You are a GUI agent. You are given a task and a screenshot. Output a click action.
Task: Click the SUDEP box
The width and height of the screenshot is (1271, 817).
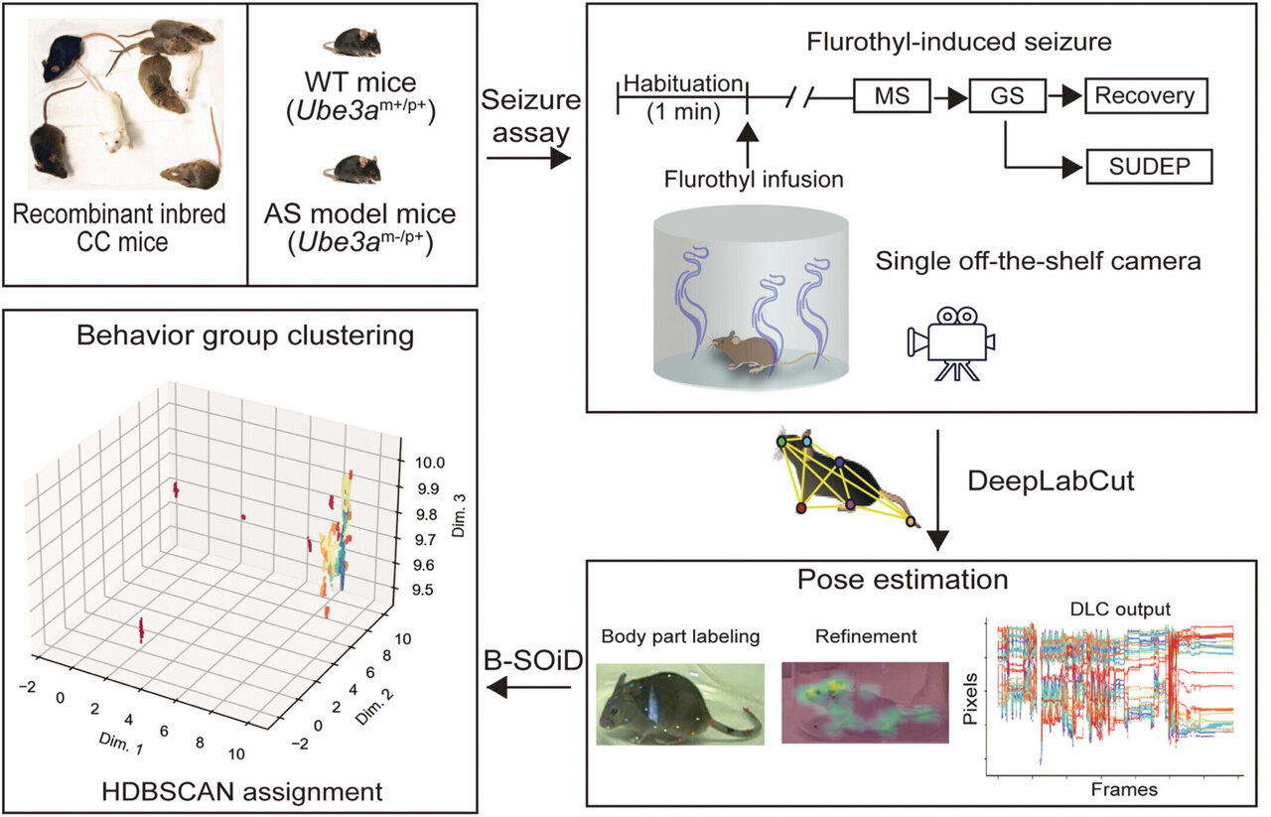[1151, 168]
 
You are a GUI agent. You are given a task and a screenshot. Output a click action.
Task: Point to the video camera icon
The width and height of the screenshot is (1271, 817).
[950, 340]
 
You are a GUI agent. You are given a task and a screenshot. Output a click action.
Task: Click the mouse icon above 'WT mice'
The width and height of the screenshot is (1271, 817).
[354, 42]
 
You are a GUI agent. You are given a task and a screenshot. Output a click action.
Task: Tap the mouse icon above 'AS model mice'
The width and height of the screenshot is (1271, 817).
[354, 168]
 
